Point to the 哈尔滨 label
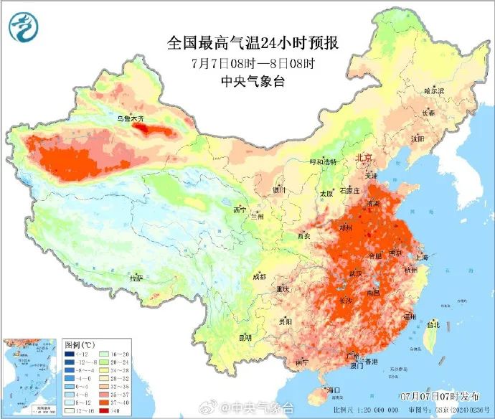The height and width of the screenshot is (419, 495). [434, 91]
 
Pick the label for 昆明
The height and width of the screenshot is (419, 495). [246, 336]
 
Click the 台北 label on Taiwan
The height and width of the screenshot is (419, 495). [433, 324]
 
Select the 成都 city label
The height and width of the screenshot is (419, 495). [259, 276]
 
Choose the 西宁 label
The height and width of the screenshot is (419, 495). [239, 209]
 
